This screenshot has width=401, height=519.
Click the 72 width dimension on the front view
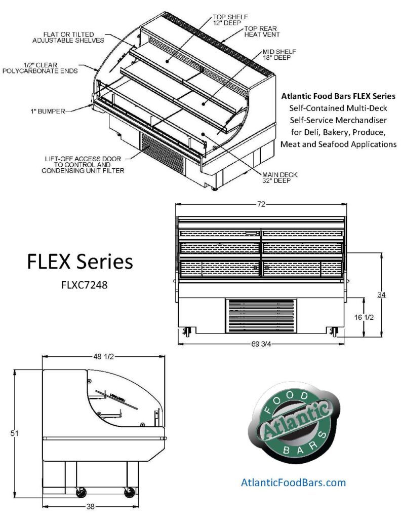click(261, 204)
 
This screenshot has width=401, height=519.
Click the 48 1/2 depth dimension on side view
click(103, 357)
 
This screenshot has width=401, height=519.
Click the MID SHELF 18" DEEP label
click(279, 55)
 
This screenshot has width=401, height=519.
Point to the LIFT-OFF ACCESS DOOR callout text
click(84, 164)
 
